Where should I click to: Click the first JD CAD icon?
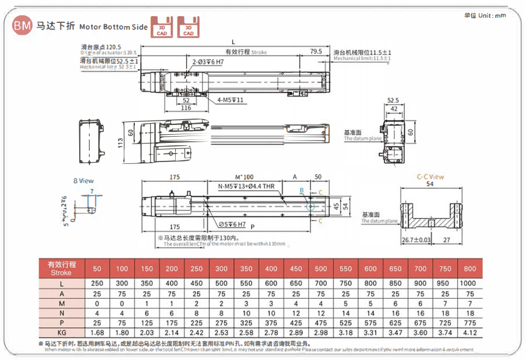click(x=162, y=28)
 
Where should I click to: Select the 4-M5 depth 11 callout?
click(x=231, y=100)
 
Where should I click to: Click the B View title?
click(x=83, y=181)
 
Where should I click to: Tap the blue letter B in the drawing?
click(x=301, y=190)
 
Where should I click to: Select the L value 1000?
click(x=469, y=283)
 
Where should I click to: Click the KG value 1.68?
click(x=97, y=332)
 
